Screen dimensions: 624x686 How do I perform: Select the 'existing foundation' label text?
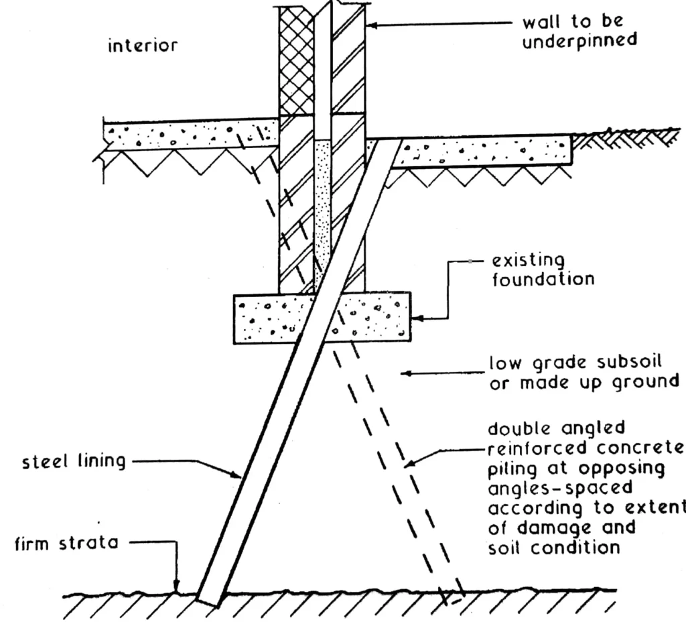pyautogui.click(x=543, y=269)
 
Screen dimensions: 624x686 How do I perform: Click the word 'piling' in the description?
pyautogui.click(x=512, y=466)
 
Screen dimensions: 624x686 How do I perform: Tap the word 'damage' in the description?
pyautogui.click(x=549, y=527)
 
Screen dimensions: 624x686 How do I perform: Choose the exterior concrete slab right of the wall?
pyautogui.click(x=482, y=152)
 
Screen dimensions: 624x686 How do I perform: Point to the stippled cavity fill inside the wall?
pyautogui.click(x=323, y=201)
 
